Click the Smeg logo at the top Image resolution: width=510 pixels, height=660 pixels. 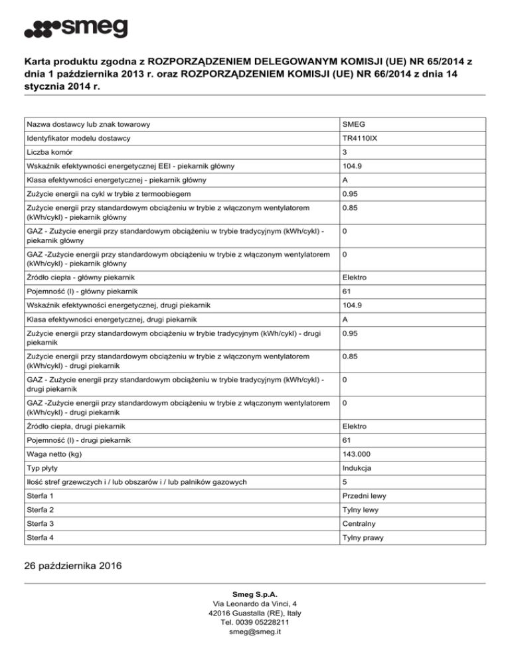[x=76, y=30]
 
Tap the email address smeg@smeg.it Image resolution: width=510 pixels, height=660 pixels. [x=255, y=632]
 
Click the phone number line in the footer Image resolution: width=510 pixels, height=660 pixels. [x=255, y=622]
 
